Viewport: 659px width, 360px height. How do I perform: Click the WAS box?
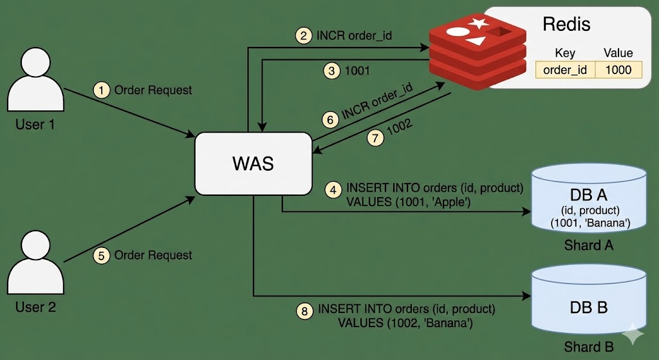252,164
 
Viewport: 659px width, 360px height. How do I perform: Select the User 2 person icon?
36,263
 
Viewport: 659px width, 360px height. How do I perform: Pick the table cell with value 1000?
618,70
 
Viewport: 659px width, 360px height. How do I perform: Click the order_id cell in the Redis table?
564,70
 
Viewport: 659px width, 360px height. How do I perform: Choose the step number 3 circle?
332,71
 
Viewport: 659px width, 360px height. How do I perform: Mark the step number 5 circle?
101,255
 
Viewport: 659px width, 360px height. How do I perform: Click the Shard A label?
588,245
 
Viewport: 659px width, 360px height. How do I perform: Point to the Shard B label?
588,347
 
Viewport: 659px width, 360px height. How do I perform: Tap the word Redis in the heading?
566,24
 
